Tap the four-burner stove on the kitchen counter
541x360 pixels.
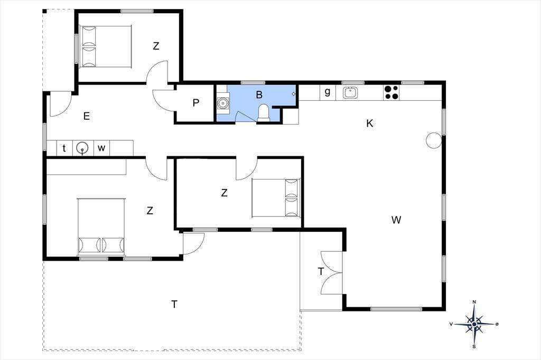click(x=391, y=92)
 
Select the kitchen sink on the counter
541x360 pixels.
click(x=350, y=92)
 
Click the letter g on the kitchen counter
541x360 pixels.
click(x=328, y=92)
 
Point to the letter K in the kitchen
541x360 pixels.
click(x=369, y=123)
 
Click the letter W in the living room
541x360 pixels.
click(x=396, y=220)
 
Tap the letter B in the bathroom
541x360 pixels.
click(x=259, y=95)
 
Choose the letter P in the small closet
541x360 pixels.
click(x=196, y=103)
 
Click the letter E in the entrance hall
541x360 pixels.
click(x=87, y=116)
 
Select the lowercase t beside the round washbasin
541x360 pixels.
click(x=64, y=148)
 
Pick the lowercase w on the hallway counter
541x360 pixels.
click(x=101, y=148)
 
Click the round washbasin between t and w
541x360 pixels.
click(x=82, y=148)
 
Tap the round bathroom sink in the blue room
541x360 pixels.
click(x=222, y=103)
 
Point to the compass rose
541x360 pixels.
click(x=474, y=324)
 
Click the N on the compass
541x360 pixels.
click(x=474, y=302)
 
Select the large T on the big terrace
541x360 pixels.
click(x=174, y=305)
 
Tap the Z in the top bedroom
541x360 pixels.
click(x=156, y=46)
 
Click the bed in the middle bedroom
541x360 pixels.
click(x=276, y=197)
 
